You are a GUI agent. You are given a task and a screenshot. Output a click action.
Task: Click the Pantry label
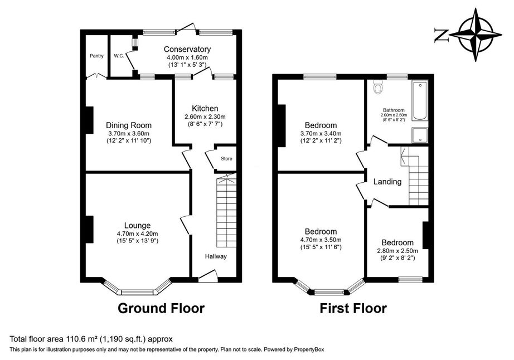[x=96, y=56]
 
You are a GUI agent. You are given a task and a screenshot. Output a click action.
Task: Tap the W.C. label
[x=118, y=56]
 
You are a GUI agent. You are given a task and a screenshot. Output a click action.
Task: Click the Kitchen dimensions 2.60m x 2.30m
[x=205, y=116]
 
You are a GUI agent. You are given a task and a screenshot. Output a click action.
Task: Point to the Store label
[x=226, y=159]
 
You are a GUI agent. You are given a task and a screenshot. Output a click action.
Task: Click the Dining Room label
[x=128, y=125]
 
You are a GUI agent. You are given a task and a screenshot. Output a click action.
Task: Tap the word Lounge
[x=137, y=225]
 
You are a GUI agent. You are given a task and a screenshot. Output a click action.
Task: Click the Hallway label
[x=215, y=256]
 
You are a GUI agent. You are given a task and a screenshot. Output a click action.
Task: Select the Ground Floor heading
[x=161, y=308]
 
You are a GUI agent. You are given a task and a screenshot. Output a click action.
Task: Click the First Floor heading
[x=353, y=308]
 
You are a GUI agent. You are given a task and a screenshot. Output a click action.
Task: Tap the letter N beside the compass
[x=440, y=35]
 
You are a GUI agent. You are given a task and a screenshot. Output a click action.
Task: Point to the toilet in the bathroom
[x=378, y=89]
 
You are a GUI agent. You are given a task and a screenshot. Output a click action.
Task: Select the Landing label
[x=387, y=182]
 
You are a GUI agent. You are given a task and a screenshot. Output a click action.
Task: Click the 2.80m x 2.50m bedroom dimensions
[x=397, y=251]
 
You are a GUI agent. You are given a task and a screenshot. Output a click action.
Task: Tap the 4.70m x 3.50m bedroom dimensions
[x=321, y=240]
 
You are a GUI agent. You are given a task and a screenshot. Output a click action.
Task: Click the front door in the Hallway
[x=207, y=275]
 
